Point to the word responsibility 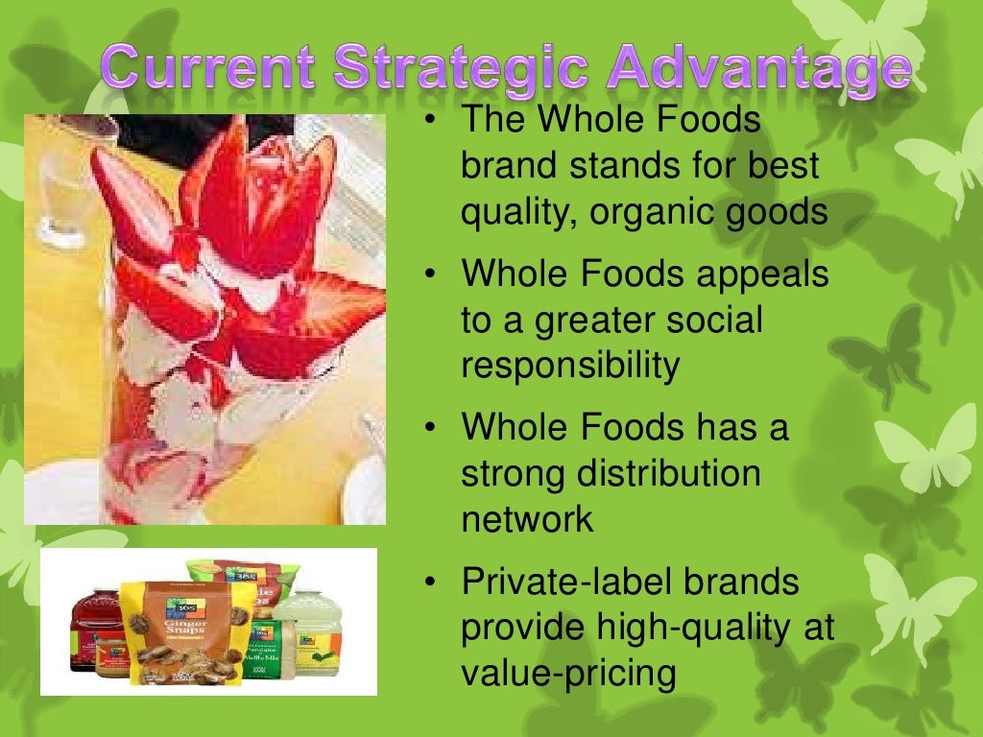point(570,366)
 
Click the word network point(527,519)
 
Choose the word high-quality point(683,628)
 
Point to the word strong point(515,473)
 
